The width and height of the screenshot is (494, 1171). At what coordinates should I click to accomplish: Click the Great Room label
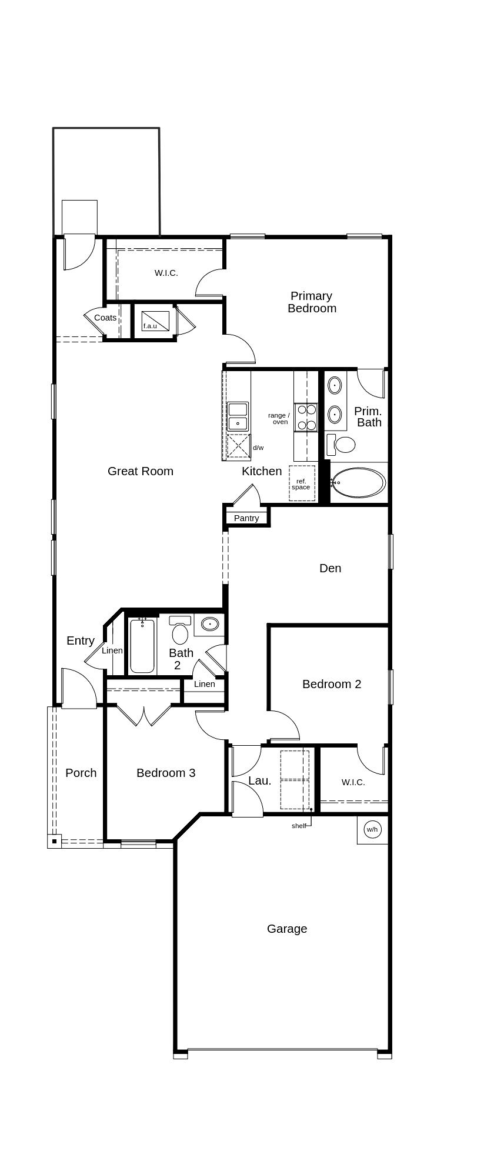[x=141, y=471]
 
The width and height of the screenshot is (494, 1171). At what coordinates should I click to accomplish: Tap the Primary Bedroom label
[x=312, y=302]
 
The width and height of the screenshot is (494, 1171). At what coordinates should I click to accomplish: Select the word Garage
[x=287, y=929]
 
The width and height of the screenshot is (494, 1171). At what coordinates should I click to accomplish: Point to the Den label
[x=331, y=568]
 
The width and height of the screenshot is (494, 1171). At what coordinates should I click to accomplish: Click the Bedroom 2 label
[x=332, y=684]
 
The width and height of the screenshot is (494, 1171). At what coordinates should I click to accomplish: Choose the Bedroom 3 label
[x=166, y=773]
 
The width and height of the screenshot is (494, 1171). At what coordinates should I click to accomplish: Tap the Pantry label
[x=246, y=518]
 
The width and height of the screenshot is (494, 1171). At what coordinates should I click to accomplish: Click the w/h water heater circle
[x=372, y=830]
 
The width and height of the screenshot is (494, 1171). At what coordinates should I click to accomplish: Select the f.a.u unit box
[x=155, y=321]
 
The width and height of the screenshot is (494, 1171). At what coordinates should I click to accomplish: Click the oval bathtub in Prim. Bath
[x=358, y=483]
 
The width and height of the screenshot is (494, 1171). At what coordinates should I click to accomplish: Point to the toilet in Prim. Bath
[x=341, y=444]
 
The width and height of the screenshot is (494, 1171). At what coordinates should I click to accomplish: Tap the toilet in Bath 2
[x=180, y=630]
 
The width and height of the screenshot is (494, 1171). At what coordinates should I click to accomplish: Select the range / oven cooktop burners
[x=306, y=417]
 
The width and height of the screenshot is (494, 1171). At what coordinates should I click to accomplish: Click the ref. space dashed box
[x=302, y=483]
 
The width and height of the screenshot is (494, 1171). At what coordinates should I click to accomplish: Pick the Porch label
[x=81, y=773]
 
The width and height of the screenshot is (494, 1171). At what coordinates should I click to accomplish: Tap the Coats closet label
[x=105, y=318]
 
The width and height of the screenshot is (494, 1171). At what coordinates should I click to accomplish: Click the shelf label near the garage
[x=299, y=826]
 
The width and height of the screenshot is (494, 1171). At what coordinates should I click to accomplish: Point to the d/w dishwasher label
[x=258, y=448]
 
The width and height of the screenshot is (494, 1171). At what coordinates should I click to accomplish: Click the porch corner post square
[x=54, y=842]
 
